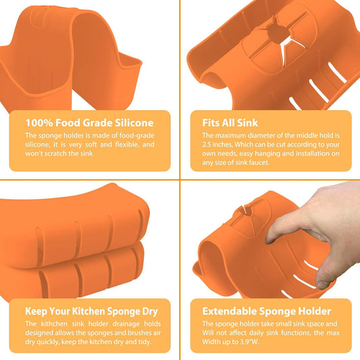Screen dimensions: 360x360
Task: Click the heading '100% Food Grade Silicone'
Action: (90, 123)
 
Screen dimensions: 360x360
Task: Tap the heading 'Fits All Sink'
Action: (230, 123)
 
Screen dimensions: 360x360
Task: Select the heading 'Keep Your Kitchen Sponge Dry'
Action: (91, 311)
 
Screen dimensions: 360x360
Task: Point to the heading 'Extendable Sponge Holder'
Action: (267, 311)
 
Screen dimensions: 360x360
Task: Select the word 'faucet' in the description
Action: (259, 163)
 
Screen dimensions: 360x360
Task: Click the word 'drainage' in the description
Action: (126, 324)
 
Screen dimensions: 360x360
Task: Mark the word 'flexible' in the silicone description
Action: (128, 145)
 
